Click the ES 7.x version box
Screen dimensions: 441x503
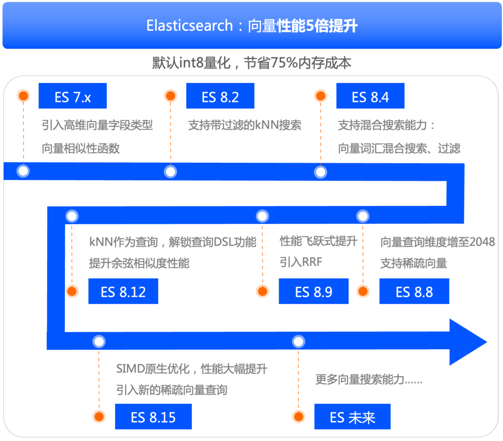tap(72, 96)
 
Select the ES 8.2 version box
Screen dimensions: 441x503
tap(220, 96)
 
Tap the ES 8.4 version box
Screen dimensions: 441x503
tap(370, 96)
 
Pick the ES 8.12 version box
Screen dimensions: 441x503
tap(123, 291)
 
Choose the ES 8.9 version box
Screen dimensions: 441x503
tap(314, 291)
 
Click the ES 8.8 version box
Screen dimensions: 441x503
tap(414, 291)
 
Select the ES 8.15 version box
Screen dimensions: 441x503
tap(153, 417)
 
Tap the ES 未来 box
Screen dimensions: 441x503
tap(352, 417)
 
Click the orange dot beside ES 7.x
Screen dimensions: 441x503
tap(24, 96)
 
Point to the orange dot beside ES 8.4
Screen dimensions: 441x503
tap(320, 96)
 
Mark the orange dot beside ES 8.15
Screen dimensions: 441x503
tap(99, 417)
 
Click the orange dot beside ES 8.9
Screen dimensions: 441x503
tap(262, 291)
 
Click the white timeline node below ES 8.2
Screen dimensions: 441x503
tap(170, 171)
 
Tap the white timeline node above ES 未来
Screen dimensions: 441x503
tap(298, 342)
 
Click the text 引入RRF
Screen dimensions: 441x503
tap(301, 262)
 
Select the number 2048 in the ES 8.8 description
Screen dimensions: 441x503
tap(482, 242)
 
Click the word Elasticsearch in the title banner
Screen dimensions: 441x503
tap(189, 26)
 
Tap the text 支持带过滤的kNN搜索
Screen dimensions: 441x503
tap(245, 125)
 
